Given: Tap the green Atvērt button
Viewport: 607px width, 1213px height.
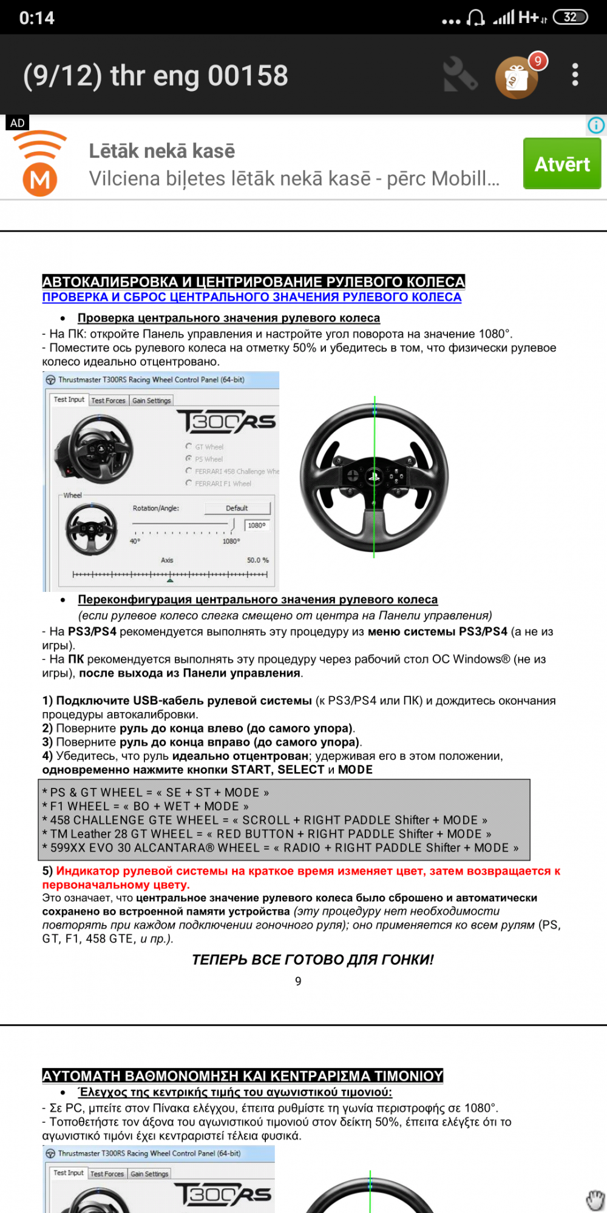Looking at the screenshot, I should point(561,164).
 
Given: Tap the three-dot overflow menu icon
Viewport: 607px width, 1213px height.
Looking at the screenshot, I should point(575,75).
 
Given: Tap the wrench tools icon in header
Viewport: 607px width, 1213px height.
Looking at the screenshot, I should point(459,75).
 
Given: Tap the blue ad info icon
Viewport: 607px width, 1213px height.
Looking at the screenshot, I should point(596,125).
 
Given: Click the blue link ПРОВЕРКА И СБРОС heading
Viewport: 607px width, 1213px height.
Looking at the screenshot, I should point(251,297).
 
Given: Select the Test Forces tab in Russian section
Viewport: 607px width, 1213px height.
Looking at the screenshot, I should point(108,400).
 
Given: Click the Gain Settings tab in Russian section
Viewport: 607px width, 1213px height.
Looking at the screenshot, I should point(152,400).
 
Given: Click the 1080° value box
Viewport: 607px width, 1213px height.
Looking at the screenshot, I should point(257,525).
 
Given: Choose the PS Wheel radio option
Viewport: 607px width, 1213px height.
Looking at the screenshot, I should point(189,459).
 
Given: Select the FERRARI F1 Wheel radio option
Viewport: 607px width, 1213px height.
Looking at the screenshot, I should point(189,483).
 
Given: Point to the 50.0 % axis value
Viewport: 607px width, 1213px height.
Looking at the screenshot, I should point(257,560).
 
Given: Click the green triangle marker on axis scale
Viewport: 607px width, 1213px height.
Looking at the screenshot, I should point(170,580).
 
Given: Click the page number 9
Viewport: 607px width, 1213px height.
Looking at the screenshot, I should point(298,981).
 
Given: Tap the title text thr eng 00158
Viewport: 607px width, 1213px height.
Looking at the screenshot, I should point(155,76).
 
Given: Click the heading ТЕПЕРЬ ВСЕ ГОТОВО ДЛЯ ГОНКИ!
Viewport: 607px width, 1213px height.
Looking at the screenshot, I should point(313,959).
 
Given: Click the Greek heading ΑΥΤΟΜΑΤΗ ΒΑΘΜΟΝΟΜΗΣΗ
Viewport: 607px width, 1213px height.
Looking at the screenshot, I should point(242,1075).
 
